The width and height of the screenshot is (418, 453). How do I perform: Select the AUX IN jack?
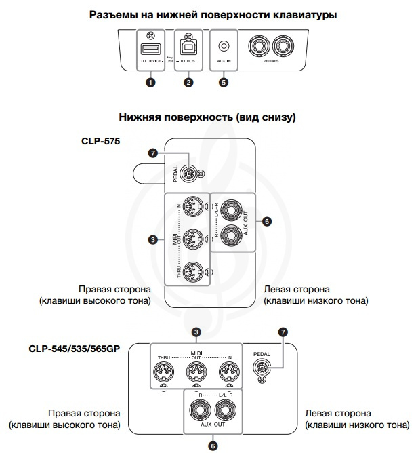224,46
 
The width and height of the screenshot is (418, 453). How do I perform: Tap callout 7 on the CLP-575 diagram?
154,153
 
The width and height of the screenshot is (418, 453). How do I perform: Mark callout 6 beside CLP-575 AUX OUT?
267,221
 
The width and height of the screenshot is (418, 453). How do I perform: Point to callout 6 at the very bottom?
213,446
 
